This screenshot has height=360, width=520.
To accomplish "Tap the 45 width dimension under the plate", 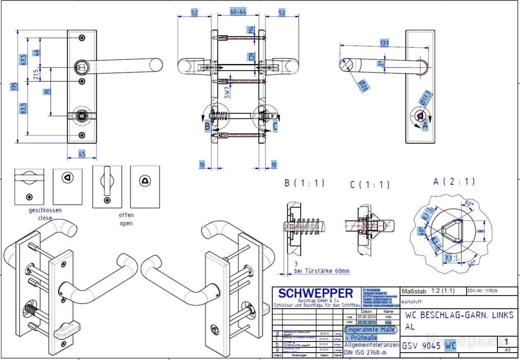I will coord(82,154).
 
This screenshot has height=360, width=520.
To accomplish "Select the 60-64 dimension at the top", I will coord(238,12).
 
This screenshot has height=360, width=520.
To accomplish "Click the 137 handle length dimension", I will coord(384,43).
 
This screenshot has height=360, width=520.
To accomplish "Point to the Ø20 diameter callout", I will coord(363,86).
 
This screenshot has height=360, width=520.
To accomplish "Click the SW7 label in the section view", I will coord(227,93).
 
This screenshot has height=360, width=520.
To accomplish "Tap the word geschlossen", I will coord(45,210).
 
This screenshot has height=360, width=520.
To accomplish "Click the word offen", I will coord(126,215).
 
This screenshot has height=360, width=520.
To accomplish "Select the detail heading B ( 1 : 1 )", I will coord(304,183).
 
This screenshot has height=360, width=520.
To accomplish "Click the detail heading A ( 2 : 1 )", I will coord(454,181).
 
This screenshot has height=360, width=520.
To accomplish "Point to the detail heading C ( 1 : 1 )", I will coord(370,185).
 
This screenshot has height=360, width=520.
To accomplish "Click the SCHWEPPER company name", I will coord(315,293).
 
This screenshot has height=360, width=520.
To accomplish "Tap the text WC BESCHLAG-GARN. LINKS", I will coord(459,315).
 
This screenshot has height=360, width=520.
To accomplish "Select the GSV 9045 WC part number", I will coord(429,346).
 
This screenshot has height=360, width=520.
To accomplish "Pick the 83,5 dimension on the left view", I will coord(23,108).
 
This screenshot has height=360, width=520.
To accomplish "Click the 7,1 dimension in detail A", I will coord(449,258).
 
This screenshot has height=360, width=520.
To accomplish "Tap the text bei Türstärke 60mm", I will coord(322,271).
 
